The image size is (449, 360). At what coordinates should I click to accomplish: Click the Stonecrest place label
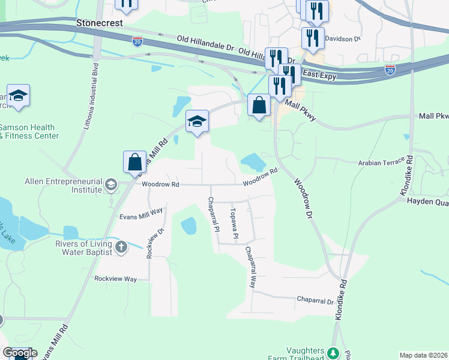pos(100,23)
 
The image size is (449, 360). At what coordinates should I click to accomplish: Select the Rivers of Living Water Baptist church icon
pos(121,247)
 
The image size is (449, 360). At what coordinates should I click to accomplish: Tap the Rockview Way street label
pos(116,279)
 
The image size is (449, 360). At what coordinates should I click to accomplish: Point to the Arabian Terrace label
pos(381,163)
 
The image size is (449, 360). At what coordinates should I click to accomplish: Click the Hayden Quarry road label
pos(428,202)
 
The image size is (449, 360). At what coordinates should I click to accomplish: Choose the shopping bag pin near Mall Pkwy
pos(259,106)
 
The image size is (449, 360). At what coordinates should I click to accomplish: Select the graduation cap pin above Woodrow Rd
pos(197,122)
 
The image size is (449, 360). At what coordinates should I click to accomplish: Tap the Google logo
pos(20,353)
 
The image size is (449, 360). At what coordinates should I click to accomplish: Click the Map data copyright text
pos(423,355)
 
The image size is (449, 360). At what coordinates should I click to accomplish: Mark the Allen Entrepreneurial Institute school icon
pos(110,185)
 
